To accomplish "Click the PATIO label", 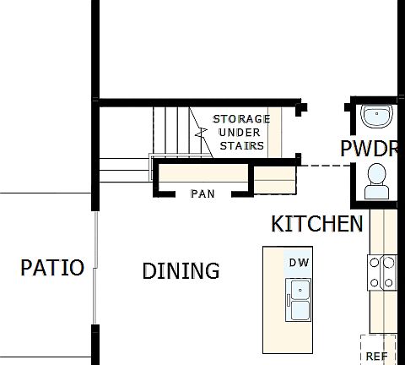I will pyautogui.click(x=52, y=268).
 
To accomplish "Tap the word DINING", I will pyautogui.click(x=181, y=271).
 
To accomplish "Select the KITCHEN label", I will pyautogui.click(x=317, y=224).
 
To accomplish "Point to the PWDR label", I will pyautogui.click(x=369, y=150).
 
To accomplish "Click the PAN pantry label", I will pyautogui.click(x=202, y=193).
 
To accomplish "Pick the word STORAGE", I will pyautogui.click(x=241, y=119).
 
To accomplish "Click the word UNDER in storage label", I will pyautogui.click(x=240, y=133).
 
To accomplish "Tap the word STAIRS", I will pyautogui.click(x=242, y=145).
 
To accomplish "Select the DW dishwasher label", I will pyautogui.click(x=299, y=263).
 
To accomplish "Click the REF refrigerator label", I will pyautogui.click(x=376, y=357).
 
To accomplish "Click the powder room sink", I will pyautogui.click(x=375, y=114).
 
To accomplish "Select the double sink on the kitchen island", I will pyautogui.click(x=299, y=300).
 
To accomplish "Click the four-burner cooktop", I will pyautogui.click(x=381, y=272).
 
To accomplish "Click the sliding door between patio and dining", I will pyautogui.click(x=96, y=268).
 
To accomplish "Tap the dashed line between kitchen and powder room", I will pyautogui.click(x=326, y=165).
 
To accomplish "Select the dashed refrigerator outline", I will pyautogui.click(x=378, y=349).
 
